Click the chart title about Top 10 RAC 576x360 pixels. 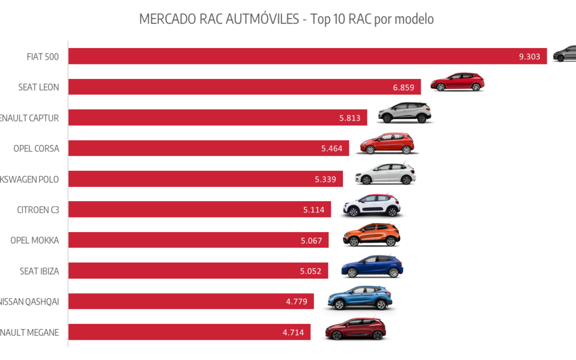[286, 19]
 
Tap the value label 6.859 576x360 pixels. [403, 87]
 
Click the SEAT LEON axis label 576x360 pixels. [38, 87]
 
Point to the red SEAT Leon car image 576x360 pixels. [457, 82]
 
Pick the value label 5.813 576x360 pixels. [349, 118]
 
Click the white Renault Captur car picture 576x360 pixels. [405, 113]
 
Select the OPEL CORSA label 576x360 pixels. [36, 148]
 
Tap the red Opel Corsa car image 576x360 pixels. [387, 143]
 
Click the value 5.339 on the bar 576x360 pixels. [325, 179]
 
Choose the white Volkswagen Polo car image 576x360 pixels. [385, 174]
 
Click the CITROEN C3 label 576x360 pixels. [38, 210]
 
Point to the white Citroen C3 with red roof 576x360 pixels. [372, 205]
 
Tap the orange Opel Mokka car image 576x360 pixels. [371, 236]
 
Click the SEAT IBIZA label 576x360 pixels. [39, 271]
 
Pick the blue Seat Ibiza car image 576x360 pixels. [372, 266]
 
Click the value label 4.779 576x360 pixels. [297, 301]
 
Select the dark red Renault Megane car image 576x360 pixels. [355, 328]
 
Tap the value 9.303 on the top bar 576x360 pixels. [530, 57]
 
